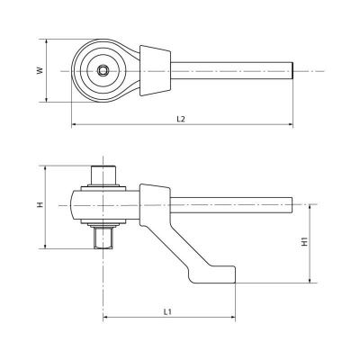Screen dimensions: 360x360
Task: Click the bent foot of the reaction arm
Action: [x=216, y=273]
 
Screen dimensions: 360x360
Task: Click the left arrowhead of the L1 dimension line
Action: [x=108, y=318]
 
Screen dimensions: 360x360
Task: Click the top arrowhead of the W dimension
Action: [x=46, y=41]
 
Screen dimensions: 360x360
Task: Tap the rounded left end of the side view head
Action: [x=75, y=205]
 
